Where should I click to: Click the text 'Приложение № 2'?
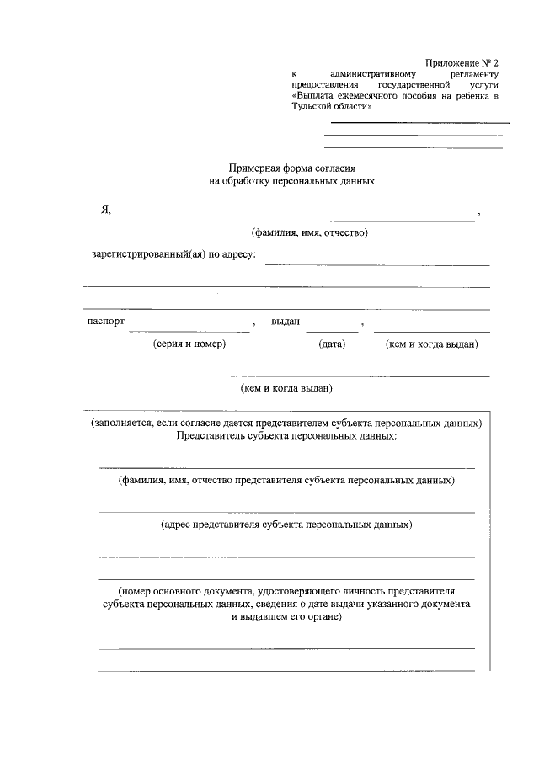(462, 63)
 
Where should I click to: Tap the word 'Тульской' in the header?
(312, 109)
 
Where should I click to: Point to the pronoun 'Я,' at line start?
(105, 210)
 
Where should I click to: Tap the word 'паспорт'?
(106, 322)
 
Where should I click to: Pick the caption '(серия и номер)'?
(189, 344)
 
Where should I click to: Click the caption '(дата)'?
(332, 344)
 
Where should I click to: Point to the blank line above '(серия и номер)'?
(189, 330)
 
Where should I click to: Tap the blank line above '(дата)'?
(337, 330)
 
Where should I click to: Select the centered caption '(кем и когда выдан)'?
(287, 388)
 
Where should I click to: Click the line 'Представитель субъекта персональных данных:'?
(286, 436)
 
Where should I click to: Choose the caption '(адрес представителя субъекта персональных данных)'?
(286, 525)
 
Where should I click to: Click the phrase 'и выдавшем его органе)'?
(286, 616)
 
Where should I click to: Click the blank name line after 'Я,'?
(301, 221)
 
